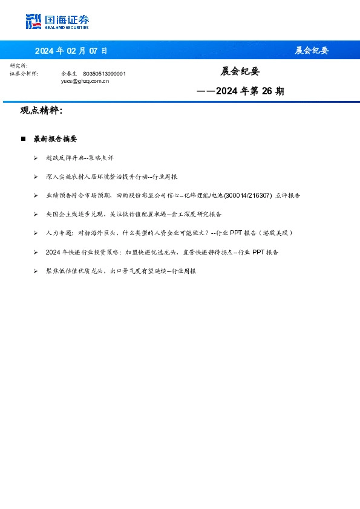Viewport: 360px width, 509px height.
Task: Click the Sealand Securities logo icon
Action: (x=33, y=22)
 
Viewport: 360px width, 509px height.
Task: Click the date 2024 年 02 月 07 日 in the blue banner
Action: (x=71, y=51)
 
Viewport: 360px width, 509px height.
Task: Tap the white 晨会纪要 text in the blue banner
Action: (x=312, y=51)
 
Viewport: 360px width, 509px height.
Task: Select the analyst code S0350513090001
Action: (x=104, y=73)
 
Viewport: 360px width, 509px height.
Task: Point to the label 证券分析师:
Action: (x=24, y=73)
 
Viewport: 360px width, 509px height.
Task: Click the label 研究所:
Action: (x=19, y=65)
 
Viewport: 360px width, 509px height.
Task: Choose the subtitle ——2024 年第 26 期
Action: (x=240, y=91)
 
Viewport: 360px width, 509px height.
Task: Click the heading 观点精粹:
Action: (x=41, y=111)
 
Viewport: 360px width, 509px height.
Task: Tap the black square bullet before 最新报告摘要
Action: (x=23, y=139)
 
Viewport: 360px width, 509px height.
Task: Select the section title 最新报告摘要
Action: (x=55, y=139)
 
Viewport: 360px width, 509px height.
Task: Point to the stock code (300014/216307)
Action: (x=248, y=195)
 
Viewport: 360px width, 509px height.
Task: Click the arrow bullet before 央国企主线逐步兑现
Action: (x=36, y=214)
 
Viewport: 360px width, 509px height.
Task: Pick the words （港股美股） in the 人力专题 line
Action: (x=277, y=233)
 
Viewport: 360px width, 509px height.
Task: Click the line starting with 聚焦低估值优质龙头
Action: (x=121, y=271)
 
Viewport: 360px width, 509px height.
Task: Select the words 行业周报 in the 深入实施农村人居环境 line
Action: (x=166, y=177)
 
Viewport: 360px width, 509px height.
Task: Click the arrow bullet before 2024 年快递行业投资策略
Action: (x=36, y=252)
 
